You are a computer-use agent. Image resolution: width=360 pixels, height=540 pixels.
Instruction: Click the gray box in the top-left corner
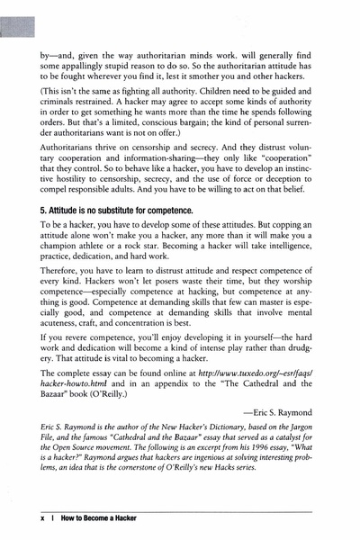pos(15,19)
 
